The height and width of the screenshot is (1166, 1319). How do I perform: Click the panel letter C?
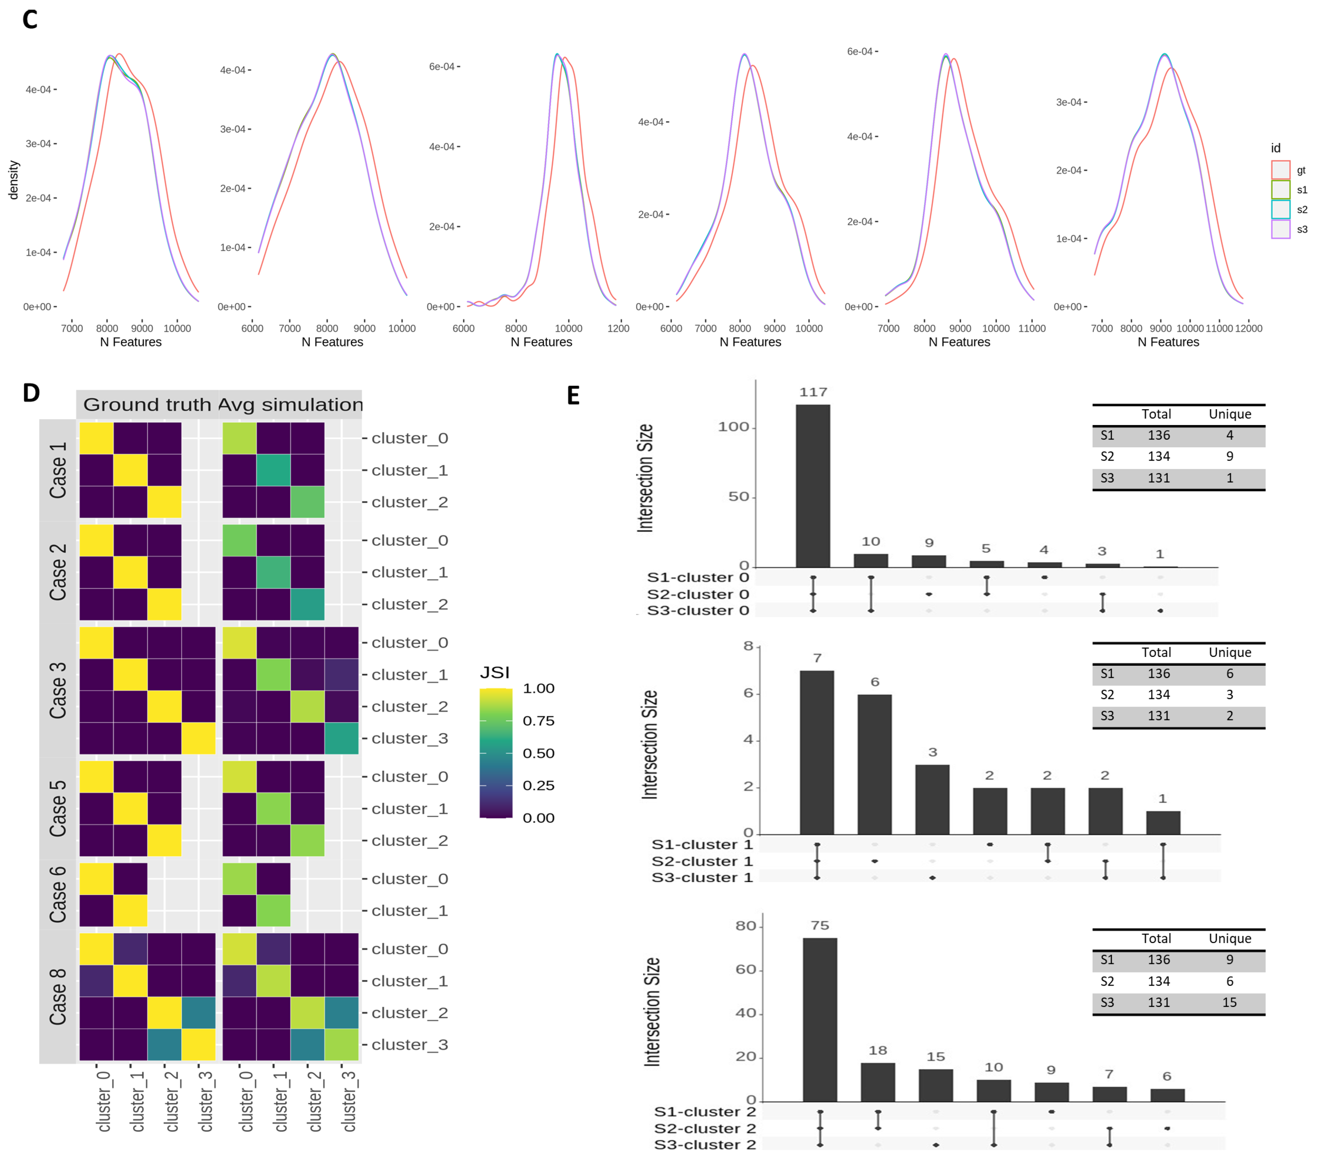[x=30, y=19]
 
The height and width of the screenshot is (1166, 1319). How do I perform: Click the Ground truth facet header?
[x=147, y=404]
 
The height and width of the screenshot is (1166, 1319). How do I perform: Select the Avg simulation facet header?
[x=290, y=404]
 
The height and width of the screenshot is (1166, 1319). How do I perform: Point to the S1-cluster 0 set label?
[x=697, y=577]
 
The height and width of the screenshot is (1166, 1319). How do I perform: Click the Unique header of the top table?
[x=1229, y=414]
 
